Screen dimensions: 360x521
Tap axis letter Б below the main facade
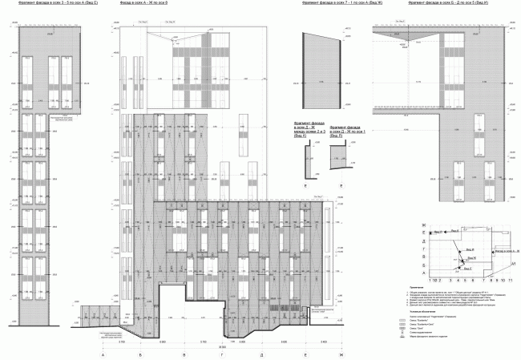point(140,354)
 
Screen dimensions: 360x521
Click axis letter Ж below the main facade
point(341,354)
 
